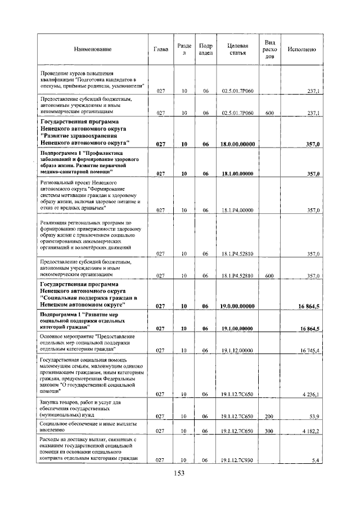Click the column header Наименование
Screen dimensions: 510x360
[93, 50]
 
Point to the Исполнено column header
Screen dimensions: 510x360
[301, 50]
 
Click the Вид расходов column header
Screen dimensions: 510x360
[269, 50]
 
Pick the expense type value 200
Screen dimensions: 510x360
[269, 417]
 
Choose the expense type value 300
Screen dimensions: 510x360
[269, 431]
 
